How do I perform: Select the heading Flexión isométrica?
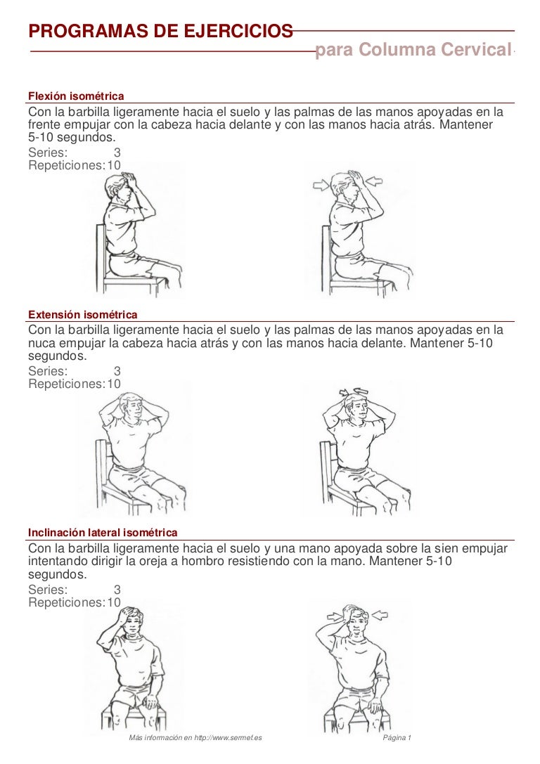[76, 96]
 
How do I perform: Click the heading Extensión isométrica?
[82, 314]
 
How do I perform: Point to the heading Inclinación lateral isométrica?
[103, 533]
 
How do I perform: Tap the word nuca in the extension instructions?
[43, 344]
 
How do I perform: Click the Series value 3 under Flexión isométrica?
[117, 153]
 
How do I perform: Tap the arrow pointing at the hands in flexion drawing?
[375, 182]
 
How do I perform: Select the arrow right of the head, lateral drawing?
[379, 616]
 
